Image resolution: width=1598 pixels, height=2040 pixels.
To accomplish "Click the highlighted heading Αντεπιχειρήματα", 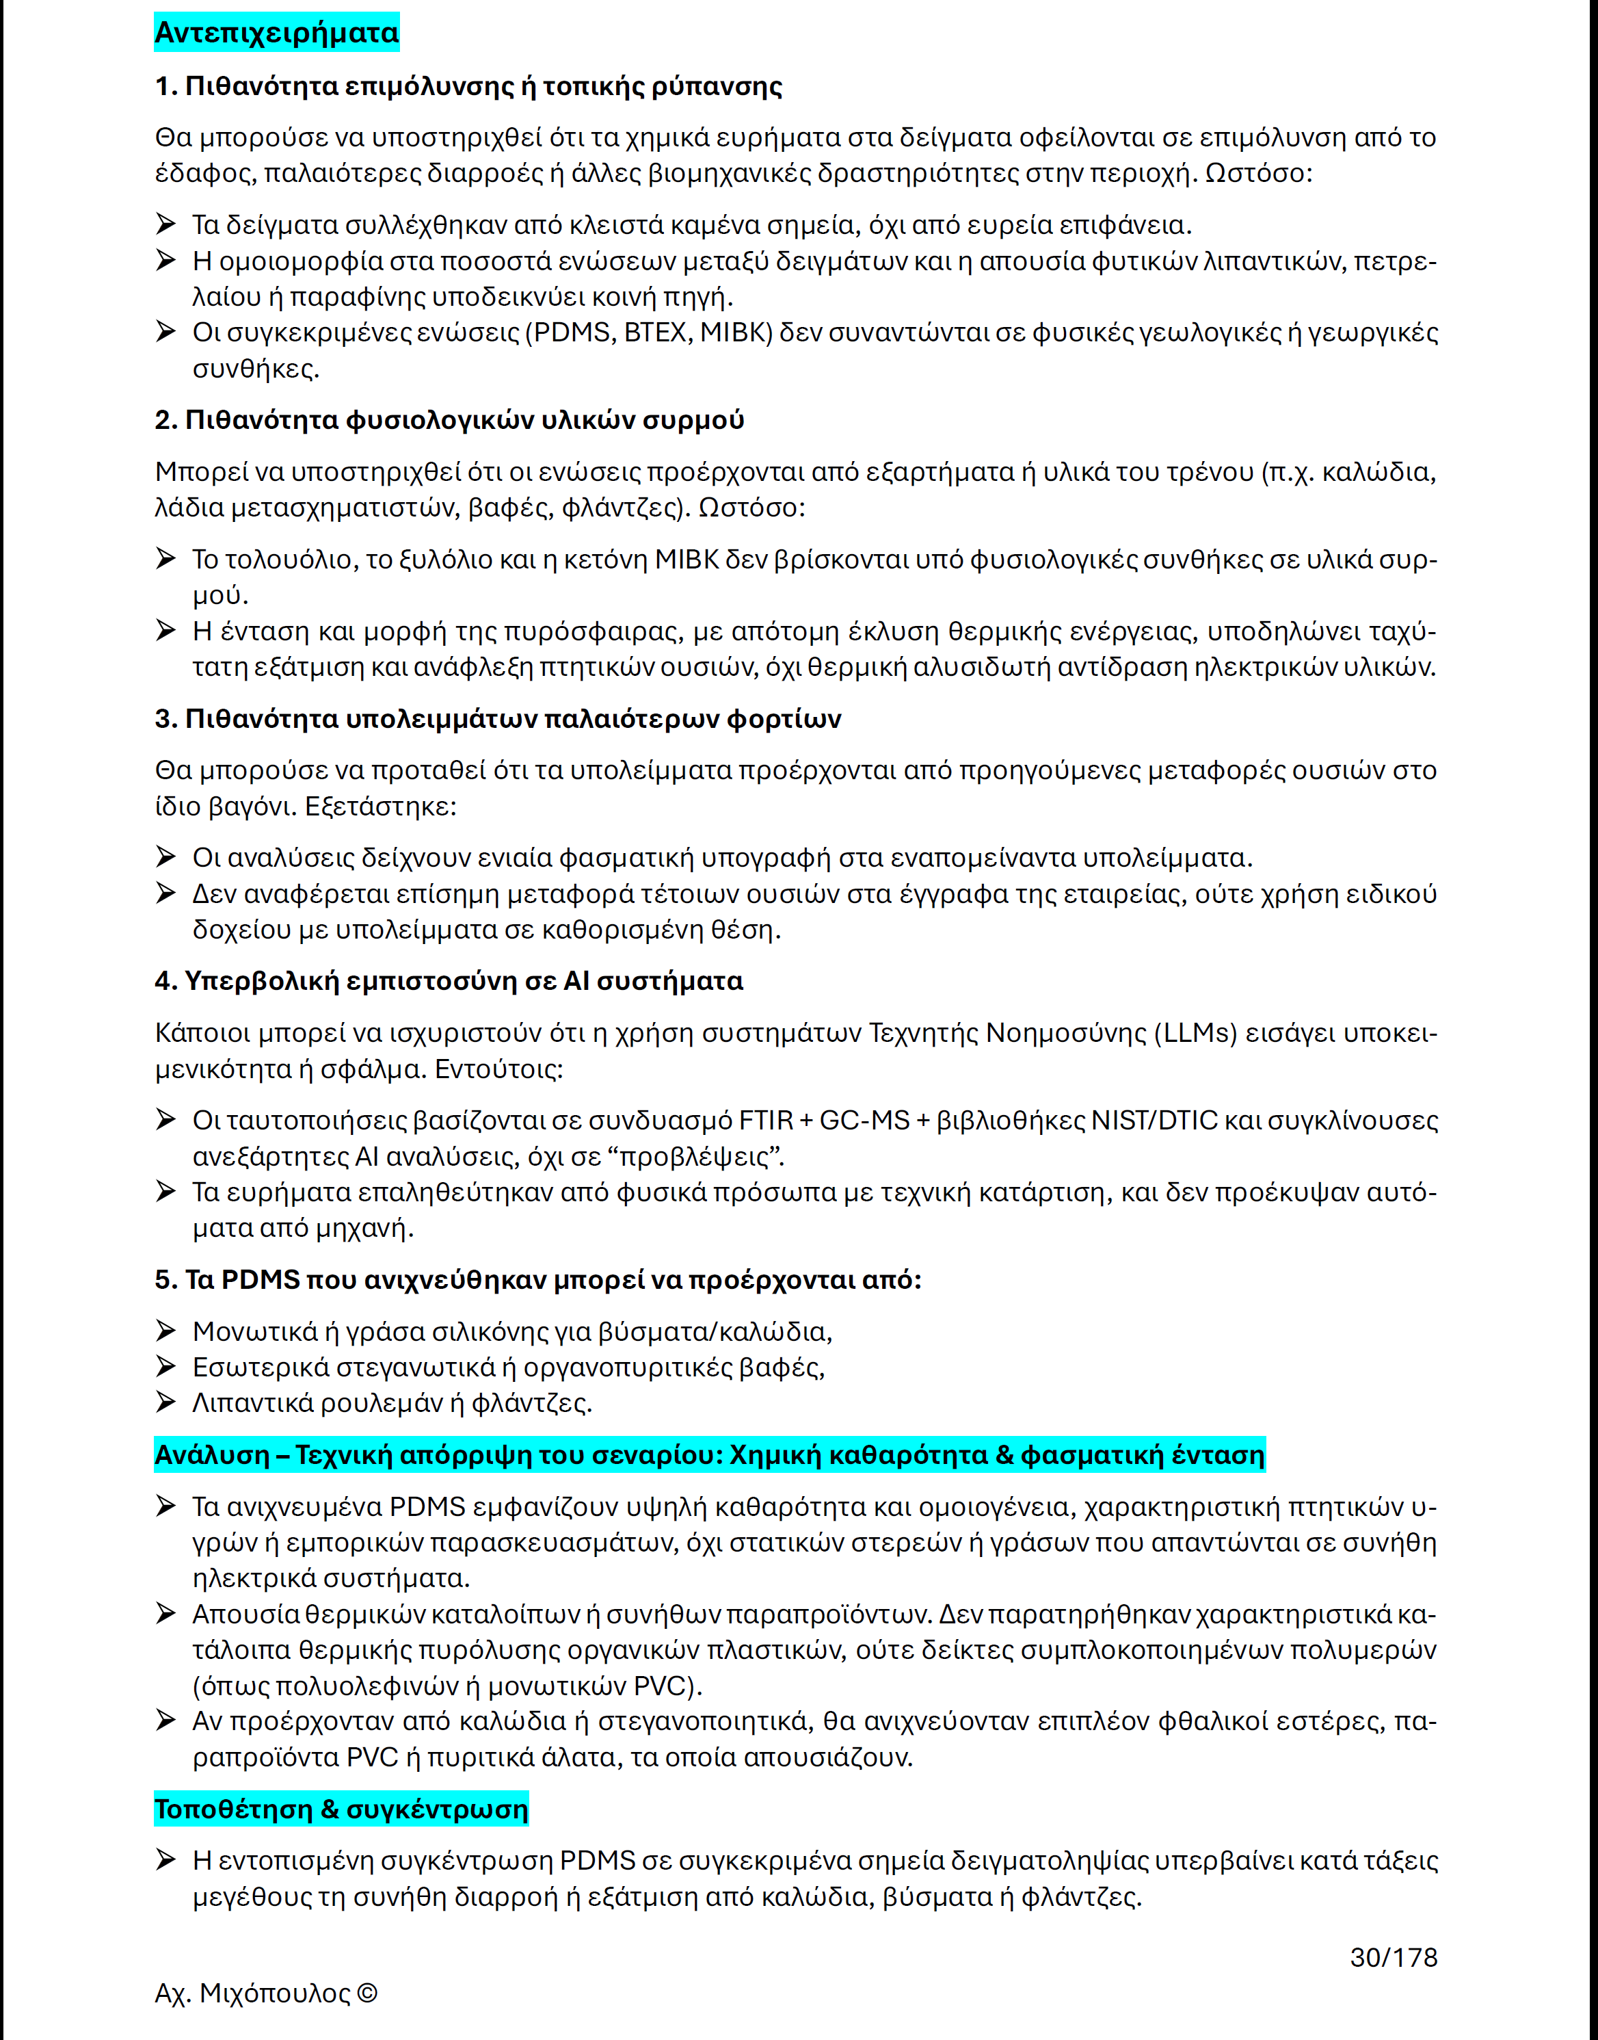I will point(276,33).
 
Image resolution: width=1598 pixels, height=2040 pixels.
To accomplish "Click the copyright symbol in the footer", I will point(368,1993).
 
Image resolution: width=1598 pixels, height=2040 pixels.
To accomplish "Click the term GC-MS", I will point(864,1120).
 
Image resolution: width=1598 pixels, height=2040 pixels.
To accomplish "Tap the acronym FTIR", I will point(765,1120).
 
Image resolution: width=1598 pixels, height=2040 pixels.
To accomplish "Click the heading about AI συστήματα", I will point(449,981).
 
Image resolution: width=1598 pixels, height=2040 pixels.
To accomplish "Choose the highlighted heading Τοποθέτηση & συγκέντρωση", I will point(341,1809).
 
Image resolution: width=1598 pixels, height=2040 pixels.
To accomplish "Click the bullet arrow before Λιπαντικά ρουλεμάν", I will point(165,1402).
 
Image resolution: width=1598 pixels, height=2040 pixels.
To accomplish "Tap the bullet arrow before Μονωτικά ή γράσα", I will point(165,1331).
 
